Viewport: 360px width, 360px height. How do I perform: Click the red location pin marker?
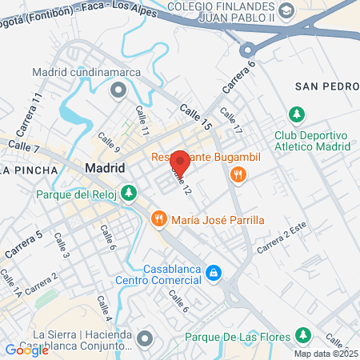180,162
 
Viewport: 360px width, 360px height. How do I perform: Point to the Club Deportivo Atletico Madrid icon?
297,114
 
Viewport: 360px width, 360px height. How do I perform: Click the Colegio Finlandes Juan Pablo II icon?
288,13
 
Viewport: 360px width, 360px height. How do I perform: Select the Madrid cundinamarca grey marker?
119,90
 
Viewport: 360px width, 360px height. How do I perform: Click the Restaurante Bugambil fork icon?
237,174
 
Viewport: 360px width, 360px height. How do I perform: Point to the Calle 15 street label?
194,116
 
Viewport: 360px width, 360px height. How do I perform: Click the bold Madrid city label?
105,168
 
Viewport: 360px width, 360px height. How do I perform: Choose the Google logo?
26,350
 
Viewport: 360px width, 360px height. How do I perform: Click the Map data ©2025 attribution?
326,354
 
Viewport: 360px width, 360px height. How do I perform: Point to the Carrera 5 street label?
23,244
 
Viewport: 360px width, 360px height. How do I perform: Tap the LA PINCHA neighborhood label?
29,170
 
